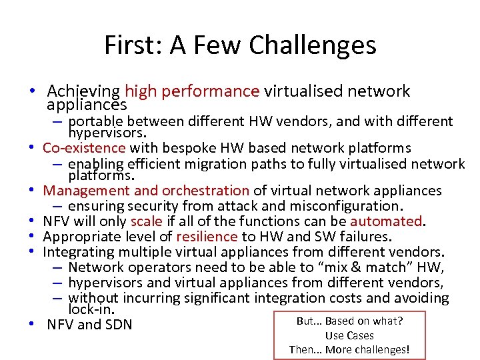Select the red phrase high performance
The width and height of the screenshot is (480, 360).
[x=192, y=91]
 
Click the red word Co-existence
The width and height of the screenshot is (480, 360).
[x=84, y=147]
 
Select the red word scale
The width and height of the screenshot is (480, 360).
[x=146, y=221]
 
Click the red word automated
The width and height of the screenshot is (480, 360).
[x=387, y=221]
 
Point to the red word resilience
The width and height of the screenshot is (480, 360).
[x=207, y=236]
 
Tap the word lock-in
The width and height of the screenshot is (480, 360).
[x=92, y=309]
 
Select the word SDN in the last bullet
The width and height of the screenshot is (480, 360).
[x=119, y=325]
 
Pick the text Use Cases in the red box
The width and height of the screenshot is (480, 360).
[x=349, y=335]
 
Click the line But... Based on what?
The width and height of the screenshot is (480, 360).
[x=349, y=321]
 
